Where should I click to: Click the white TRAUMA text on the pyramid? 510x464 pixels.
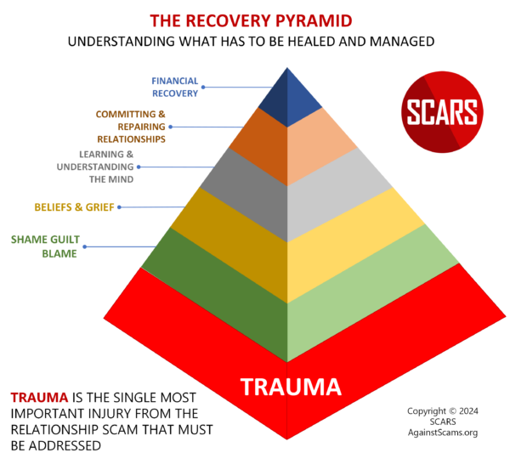coord(291,388)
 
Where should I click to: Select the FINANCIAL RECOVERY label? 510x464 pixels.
coord(175,87)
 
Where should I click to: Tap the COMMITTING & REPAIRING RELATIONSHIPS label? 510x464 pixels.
coord(130,126)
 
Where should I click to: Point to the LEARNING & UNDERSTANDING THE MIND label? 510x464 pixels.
coord(105,167)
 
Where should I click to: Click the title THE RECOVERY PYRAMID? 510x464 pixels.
coord(255,20)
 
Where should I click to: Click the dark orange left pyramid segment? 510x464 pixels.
coord(259,144)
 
